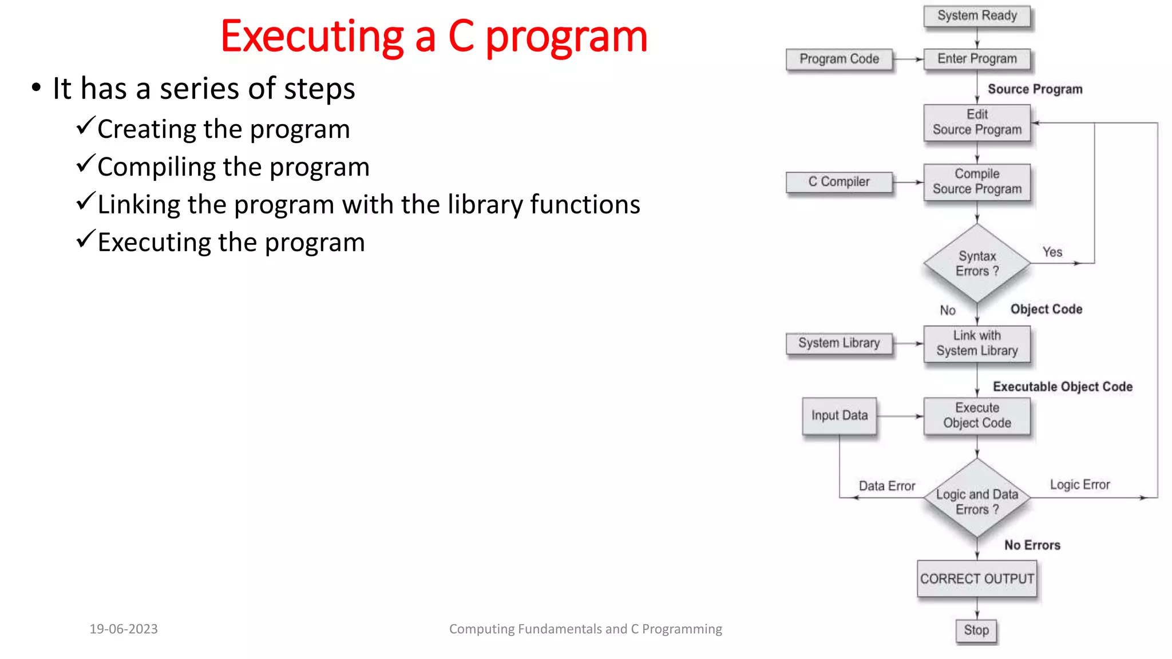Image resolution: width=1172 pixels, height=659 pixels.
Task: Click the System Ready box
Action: coord(977,16)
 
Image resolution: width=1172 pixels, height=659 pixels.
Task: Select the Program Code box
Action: coord(839,59)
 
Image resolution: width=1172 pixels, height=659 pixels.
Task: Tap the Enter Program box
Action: coord(977,59)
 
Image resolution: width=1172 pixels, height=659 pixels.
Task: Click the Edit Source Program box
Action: coord(977,122)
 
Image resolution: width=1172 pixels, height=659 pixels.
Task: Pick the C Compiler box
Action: coord(839,182)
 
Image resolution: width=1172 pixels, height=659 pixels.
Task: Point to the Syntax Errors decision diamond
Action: coord(977,263)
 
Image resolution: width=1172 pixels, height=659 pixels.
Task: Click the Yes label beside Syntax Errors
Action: coord(1052,252)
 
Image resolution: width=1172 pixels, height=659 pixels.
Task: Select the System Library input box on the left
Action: coord(839,343)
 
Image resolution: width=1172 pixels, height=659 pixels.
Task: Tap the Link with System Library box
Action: coord(977,343)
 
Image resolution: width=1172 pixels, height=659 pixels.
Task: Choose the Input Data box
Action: coord(839,416)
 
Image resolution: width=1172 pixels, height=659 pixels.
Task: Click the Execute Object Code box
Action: coord(977,416)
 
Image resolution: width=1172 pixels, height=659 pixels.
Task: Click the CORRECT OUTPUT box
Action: coord(977,579)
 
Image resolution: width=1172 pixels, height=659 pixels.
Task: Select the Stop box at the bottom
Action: coord(976,630)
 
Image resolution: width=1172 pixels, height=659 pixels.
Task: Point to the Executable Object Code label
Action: coord(1062,387)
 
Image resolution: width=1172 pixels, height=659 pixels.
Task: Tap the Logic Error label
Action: coord(1079,485)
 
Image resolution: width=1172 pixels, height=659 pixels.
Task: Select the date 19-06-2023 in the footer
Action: coord(124,629)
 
